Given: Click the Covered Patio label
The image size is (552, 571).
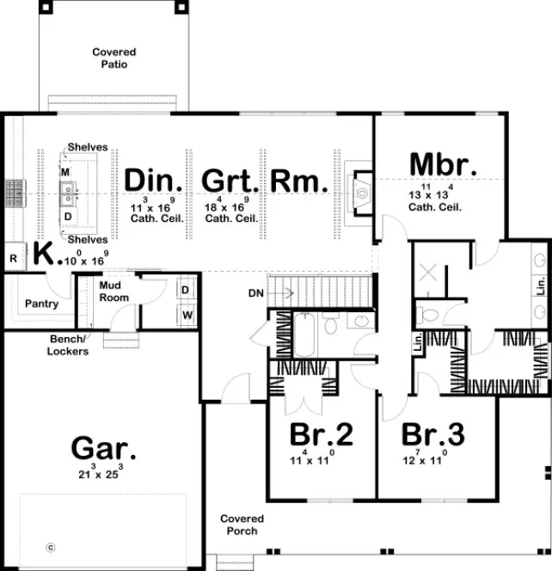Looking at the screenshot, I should click(113, 58).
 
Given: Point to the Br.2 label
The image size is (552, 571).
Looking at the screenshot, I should click(321, 435).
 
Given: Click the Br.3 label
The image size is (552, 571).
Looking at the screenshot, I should click(432, 435).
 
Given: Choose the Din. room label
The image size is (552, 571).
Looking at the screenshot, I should click(155, 181).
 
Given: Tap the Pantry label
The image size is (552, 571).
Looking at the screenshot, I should click(41, 304).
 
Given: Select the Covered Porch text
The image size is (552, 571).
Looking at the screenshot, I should click(242, 525).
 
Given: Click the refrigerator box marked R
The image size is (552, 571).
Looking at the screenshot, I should click(14, 257).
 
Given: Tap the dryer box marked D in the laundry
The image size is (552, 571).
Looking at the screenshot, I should click(186, 291).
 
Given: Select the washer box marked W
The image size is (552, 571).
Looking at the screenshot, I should click(186, 315).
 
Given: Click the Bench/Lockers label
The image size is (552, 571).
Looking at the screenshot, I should click(68, 346).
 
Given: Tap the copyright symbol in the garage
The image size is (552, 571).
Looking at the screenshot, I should click(50, 546).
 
